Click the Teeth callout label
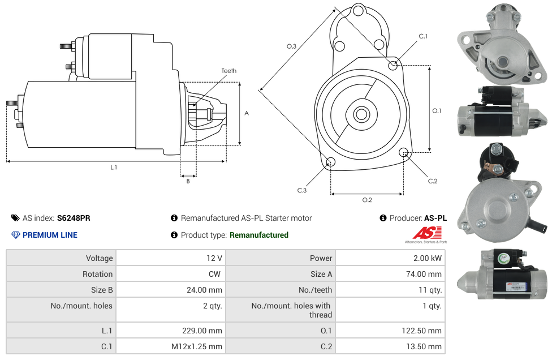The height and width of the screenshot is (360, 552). coord(228,71)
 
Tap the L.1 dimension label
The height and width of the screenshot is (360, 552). coord(114,167)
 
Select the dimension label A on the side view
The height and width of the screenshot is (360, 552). coord(247,113)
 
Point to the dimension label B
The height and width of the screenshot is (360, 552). coord(188,181)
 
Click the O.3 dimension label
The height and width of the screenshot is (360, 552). coord(291,46)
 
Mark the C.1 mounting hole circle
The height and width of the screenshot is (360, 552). coord(393,65)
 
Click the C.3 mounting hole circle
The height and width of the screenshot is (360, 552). coord(331,163)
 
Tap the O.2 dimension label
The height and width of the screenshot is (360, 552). coord(367,200)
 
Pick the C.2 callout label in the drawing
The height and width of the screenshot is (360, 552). coord(433,181)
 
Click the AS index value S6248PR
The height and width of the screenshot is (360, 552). coord(74,218)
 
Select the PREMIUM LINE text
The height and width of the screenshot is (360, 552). coord(50,235)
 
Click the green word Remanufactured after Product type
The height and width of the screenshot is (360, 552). coord(259,235)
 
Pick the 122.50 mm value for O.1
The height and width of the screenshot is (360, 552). coord(421,331)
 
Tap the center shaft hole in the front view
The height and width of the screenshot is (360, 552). coord(361,114)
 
